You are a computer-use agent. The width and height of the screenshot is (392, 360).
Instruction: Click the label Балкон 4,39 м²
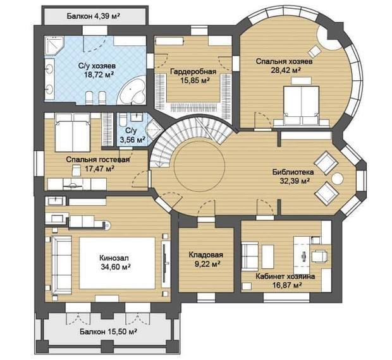click(92, 16)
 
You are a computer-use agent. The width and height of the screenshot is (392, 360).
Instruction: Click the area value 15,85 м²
click(194, 80)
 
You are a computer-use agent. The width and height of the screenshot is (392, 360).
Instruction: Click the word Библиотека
click(293, 172)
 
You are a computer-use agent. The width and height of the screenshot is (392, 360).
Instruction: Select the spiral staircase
click(190, 140)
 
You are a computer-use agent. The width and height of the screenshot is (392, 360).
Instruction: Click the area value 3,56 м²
click(133, 140)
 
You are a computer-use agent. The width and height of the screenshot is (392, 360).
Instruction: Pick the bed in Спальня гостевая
click(73, 133)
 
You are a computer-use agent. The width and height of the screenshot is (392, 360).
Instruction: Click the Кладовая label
click(205, 255)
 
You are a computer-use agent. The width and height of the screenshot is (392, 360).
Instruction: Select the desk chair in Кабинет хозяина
click(321, 256)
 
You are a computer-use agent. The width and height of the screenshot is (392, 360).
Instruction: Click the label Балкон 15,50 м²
click(108, 332)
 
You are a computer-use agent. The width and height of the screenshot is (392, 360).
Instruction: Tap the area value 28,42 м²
click(286, 70)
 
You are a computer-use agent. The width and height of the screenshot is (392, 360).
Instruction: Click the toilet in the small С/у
click(123, 119)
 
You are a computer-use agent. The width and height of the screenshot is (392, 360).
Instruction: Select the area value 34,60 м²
click(116, 267)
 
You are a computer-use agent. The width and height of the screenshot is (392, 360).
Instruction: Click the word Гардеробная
click(193, 71)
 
